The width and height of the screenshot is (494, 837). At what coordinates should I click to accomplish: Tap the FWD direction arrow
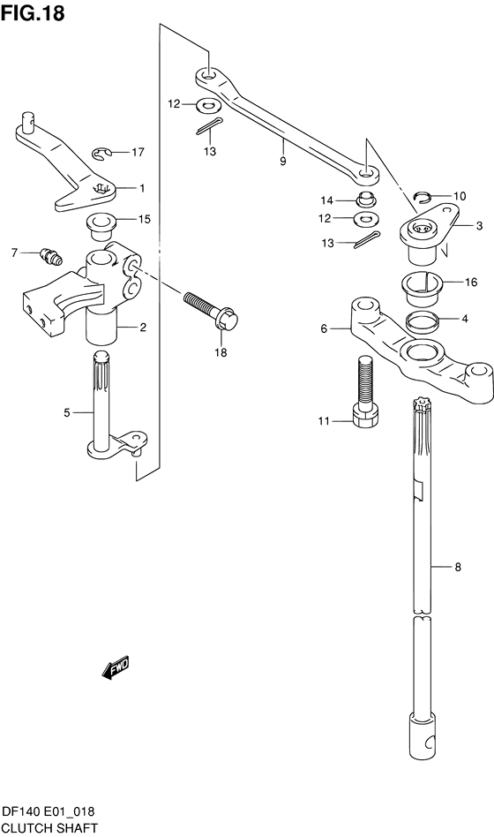pos(116,667)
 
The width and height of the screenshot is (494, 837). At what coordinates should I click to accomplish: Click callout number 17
pos(138,153)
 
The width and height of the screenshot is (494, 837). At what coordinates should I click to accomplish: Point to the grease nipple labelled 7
pos(52,256)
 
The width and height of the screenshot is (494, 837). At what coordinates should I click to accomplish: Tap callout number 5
pos(67,412)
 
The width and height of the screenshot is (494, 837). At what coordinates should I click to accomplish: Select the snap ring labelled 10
pos(424,197)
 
